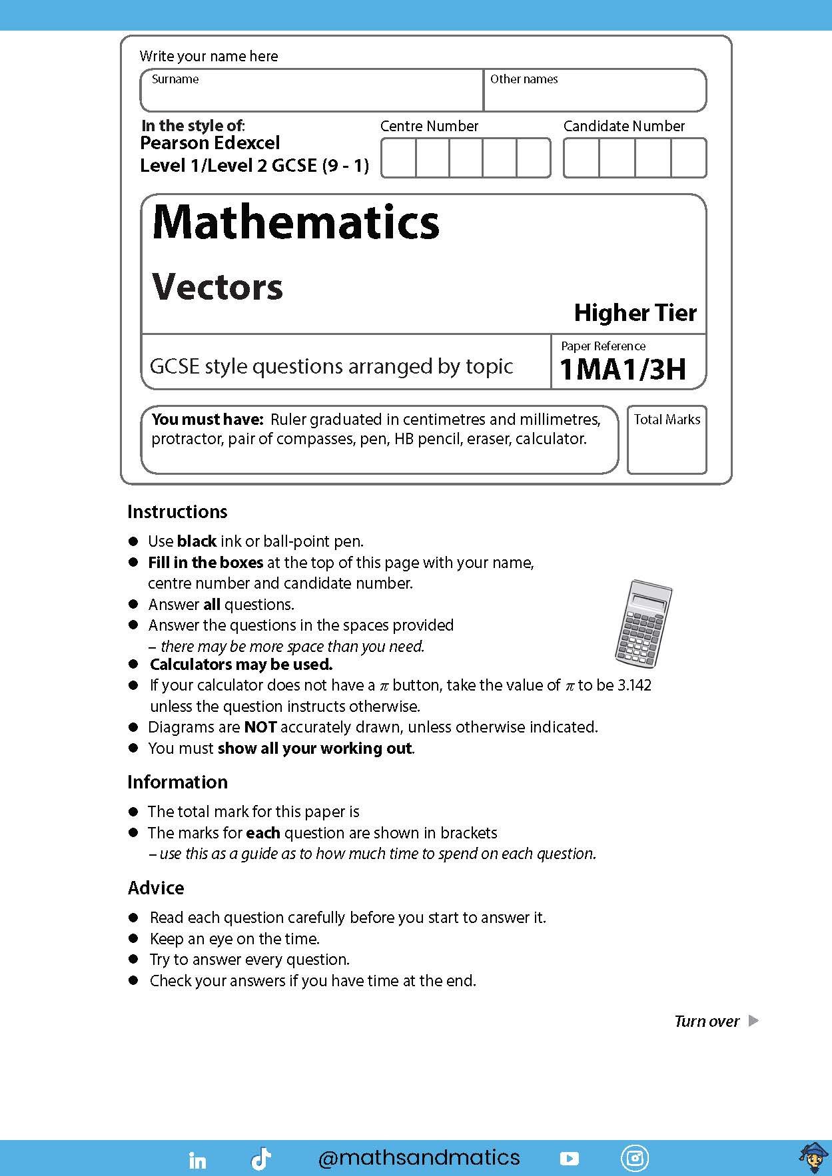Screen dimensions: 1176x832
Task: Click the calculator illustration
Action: pos(642,623)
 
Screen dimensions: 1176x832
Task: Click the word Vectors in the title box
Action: pos(217,287)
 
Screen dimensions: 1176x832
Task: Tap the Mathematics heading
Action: pos(296,222)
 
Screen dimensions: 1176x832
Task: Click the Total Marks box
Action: pos(666,440)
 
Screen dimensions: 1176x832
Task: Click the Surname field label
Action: pos(175,79)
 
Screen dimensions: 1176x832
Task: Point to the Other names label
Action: pos(524,79)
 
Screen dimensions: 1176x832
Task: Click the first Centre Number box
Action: pos(398,158)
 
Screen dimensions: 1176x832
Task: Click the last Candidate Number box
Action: pos(688,158)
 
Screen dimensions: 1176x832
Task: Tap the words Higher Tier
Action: pos(635,313)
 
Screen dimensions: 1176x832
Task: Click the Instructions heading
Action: pos(177,512)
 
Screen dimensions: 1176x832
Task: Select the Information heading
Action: pos(177,782)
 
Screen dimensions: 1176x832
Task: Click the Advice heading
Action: pos(156,888)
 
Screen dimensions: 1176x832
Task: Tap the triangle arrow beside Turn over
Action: pos(753,1021)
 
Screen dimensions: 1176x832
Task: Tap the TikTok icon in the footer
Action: pos(260,1159)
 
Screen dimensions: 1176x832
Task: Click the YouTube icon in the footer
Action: pos(569,1159)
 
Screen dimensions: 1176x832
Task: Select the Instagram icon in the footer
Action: pos(634,1159)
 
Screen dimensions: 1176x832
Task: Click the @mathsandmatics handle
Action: pos(419,1158)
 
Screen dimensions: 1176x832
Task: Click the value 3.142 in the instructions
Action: pos(633,685)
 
